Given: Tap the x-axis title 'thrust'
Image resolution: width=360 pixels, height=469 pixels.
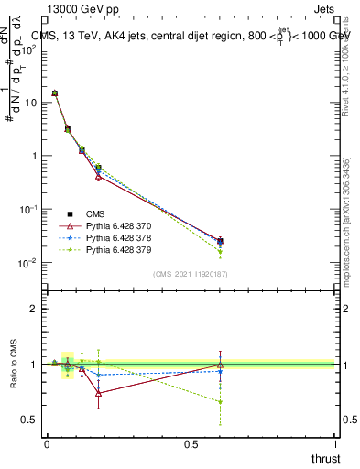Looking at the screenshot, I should coord(324,458).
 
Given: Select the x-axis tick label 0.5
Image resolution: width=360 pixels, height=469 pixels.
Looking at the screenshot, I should coord(191,444).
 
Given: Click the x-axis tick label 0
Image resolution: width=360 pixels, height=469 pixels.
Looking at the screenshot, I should coord(47,444).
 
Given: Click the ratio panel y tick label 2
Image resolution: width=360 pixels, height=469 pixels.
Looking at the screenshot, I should coord(34,309).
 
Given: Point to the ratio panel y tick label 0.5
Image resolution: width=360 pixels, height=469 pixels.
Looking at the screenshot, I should coord(30,420).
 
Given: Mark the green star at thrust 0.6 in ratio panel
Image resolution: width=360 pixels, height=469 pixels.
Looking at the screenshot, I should coord(220,402).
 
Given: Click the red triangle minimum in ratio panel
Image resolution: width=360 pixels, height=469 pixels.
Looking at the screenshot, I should coord(98,393).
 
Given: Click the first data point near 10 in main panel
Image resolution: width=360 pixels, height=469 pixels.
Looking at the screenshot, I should coord(55,93).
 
